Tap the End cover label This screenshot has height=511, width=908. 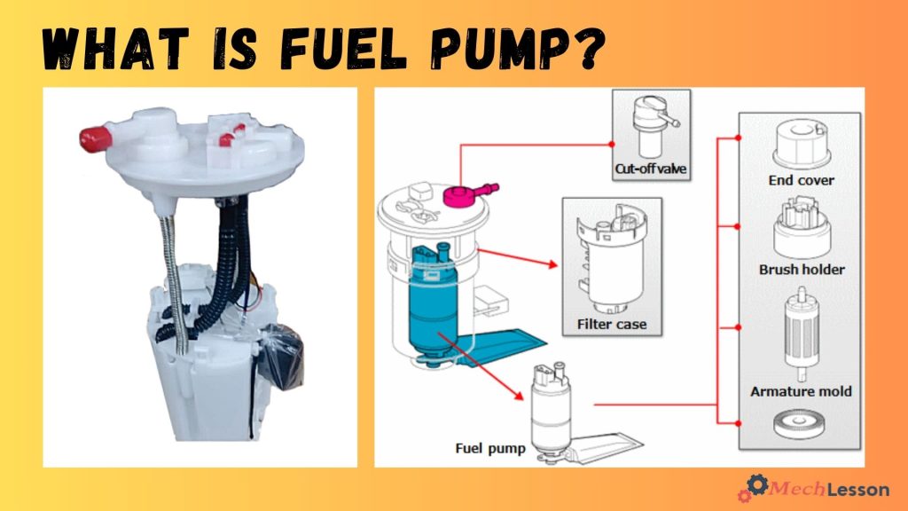click(x=802, y=180)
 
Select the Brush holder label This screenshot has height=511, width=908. click(x=802, y=269)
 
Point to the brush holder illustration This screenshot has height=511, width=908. click(x=800, y=228)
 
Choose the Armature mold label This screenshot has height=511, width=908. click(x=801, y=391)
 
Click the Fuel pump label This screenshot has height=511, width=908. click(x=490, y=448)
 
